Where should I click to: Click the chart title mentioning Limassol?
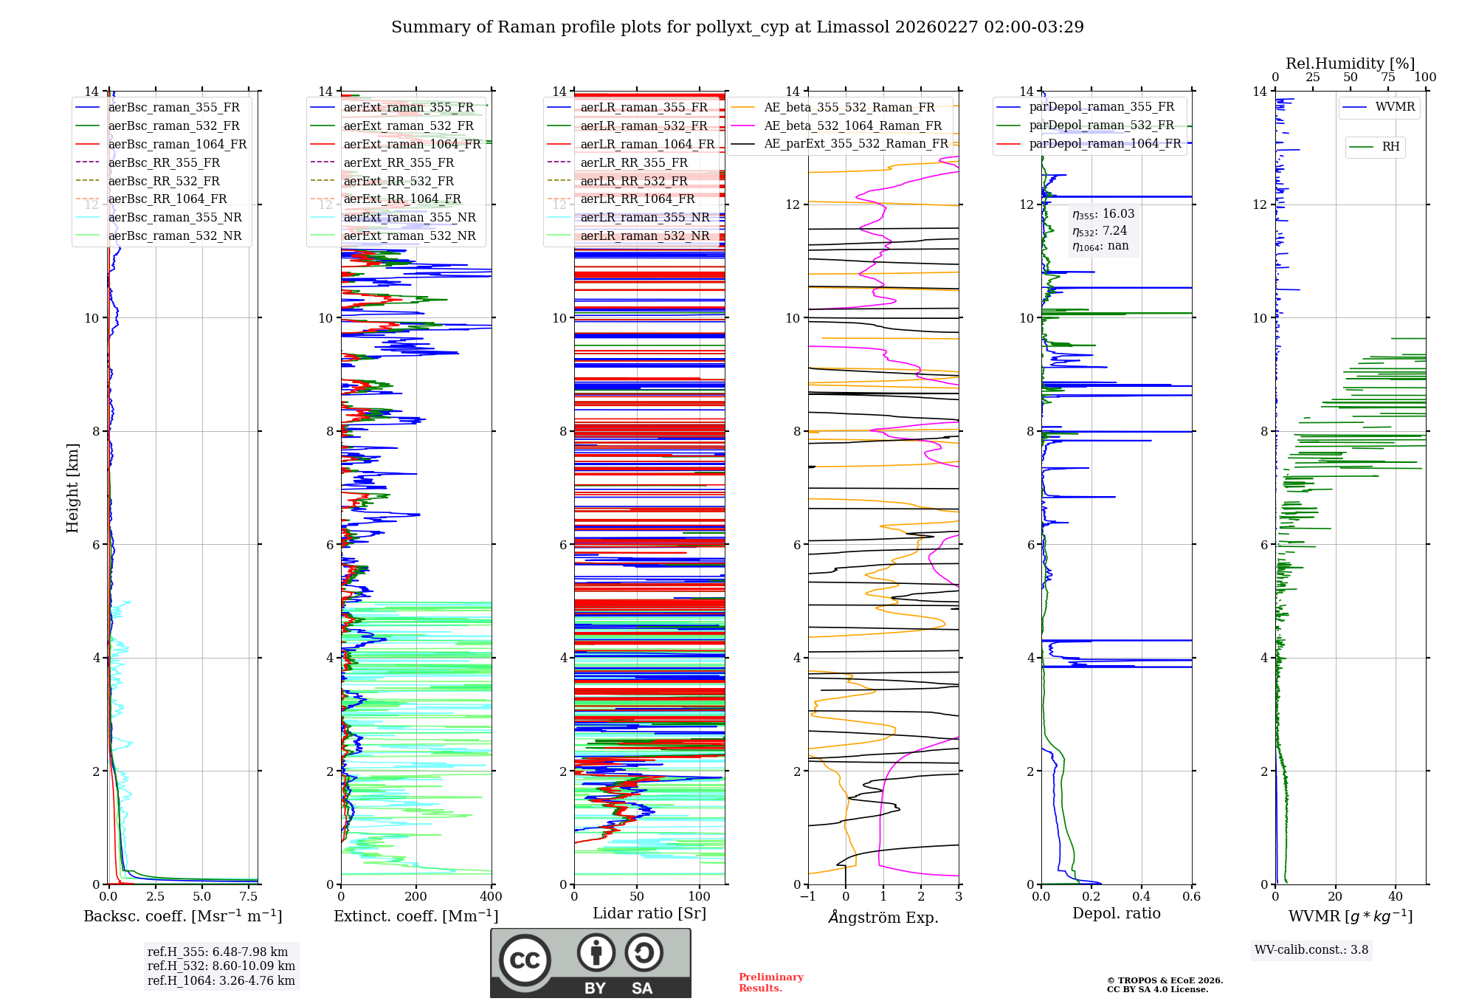click(737, 27)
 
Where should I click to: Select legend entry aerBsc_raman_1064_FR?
click(177, 144)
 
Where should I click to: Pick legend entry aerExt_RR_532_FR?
click(399, 181)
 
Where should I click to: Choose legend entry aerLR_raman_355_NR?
click(644, 217)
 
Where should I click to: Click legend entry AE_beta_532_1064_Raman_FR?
click(852, 125)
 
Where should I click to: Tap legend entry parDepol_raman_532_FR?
click(1101, 125)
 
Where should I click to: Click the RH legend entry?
click(1390, 147)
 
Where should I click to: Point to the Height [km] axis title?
click(72, 488)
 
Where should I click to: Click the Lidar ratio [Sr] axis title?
click(649, 913)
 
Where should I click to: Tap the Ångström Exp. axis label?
click(883, 917)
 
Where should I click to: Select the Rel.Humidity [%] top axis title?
click(1350, 63)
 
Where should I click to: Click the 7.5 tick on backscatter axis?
click(249, 897)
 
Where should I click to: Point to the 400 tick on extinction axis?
click(492, 897)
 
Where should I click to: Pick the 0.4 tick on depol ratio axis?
click(1142, 897)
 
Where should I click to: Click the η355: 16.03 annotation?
click(1103, 214)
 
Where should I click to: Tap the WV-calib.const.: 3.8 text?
click(1311, 950)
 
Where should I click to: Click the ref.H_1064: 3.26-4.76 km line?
click(221, 981)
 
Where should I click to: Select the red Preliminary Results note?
click(770, 983)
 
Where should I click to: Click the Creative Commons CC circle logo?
click(525, 960)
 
